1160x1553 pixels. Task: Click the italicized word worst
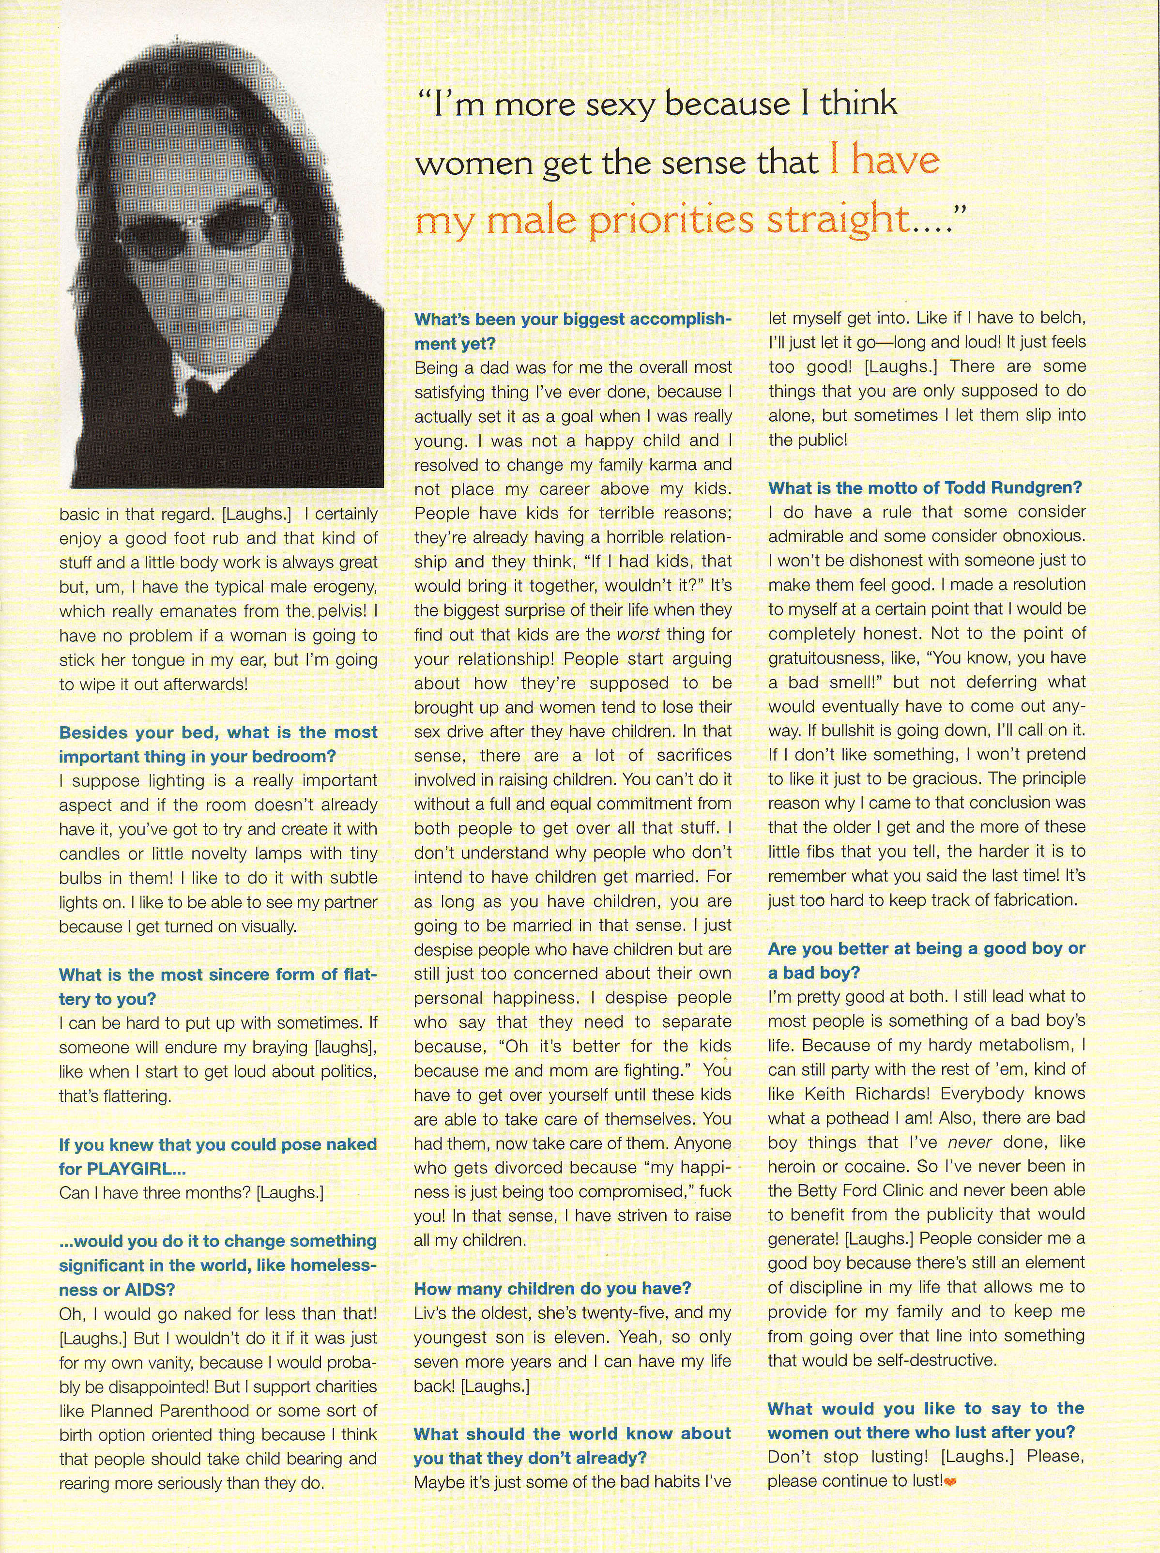[x=638, y=635]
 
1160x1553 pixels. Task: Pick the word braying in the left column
[x=280, y=1048]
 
